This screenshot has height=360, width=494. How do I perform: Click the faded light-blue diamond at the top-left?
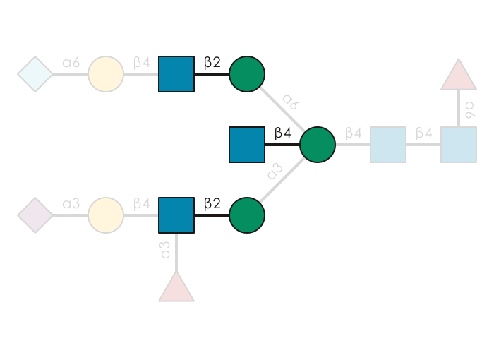(35, 74)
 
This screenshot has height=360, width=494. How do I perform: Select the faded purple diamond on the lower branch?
(35, 215)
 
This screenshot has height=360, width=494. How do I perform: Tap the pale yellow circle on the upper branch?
(106, 74)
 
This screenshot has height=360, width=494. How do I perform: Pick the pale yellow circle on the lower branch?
(106, 215)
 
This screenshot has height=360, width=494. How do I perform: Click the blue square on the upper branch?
(176, 74)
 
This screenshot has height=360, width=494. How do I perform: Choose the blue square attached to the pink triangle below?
(176, 215)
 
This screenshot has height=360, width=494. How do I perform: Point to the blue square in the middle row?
(247, 145)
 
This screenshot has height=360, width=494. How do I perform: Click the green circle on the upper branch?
(247, 74)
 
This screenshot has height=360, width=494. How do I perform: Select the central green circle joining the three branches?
(318, 145)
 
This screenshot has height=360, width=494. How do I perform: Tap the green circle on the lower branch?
(247, 215)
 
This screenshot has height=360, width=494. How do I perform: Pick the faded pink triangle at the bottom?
(176, 288)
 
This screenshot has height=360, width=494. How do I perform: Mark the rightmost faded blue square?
(459, 145)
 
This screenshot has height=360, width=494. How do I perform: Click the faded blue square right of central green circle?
(388, 145)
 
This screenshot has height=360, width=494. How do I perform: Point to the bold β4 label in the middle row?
(282, 133)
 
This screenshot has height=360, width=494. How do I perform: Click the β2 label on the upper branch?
(212, 62)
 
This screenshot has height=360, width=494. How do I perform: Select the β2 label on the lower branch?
(212, 203)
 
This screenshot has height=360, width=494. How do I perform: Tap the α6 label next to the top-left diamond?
(71, 63)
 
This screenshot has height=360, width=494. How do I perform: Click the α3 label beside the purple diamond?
(71, 204)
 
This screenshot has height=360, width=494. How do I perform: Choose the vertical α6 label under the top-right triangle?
(470, 109)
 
